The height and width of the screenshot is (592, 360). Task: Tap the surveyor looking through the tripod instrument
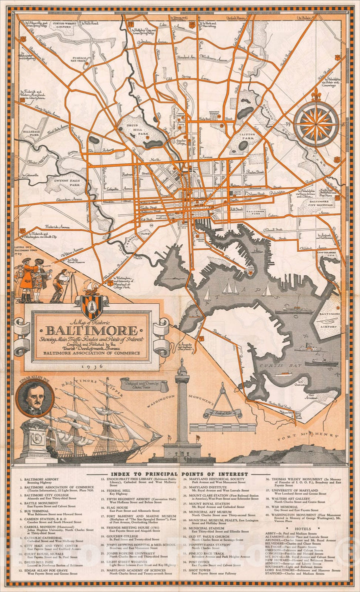point(61,283)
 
